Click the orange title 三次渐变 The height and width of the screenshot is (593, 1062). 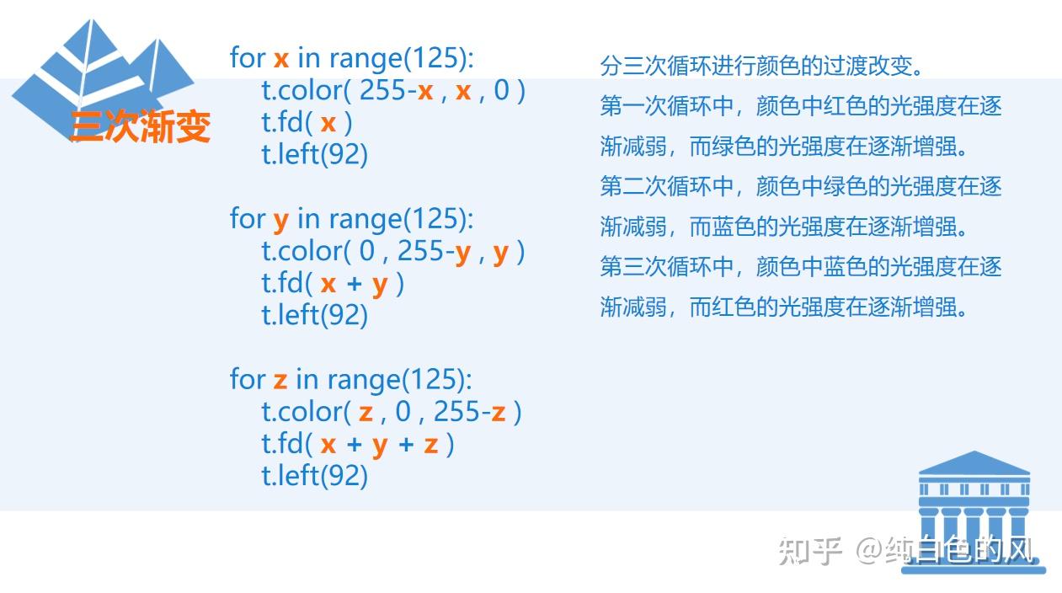coord(140,126)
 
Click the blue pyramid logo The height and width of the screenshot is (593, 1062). coord(101,72)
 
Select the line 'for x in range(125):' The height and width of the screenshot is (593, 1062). coord(352,58)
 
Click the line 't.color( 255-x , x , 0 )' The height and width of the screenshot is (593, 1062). coord(393,90)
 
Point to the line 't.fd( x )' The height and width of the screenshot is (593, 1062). coord(307,122)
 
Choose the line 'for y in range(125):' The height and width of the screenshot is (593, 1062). coord(352,219)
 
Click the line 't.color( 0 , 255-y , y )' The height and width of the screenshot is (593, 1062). coord(393,251)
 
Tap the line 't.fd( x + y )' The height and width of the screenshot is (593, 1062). coord(333,283)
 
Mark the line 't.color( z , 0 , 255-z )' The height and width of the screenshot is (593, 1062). coord(392,412)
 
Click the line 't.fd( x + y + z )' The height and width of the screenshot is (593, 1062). coord(358,444)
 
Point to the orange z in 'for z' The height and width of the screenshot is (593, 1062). coord(280,381)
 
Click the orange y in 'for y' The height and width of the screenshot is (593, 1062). coord(281,221)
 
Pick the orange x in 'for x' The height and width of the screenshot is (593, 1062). coord(281,59)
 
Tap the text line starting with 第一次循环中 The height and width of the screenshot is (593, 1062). coord(800,106)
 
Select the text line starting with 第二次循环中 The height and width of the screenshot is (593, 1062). coord(800,186)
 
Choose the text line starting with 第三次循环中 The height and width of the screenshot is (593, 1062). coord(800,267)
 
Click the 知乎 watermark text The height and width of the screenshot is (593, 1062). coord(810,550)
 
